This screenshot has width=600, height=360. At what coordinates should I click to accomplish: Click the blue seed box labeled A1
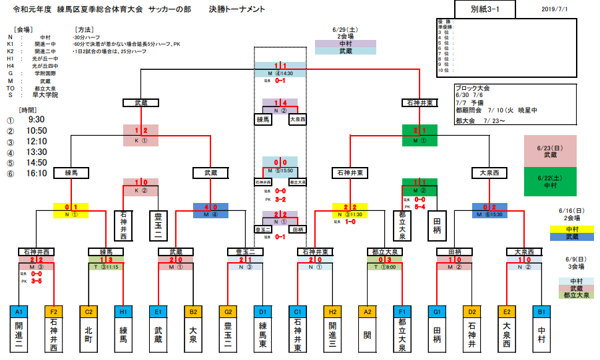click(x=19, y=311)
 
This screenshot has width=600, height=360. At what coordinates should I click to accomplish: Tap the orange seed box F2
click(x=53, y=311)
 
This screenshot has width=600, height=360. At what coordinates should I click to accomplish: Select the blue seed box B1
click(x=541, y=311)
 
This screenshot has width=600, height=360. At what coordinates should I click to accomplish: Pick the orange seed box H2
click(x=332, y=311)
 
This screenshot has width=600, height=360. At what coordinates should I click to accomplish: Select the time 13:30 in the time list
click(x=36, y=152)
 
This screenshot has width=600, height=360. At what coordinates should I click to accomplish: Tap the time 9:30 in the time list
click(x=36, y=120)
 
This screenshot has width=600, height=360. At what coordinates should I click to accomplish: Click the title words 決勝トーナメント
click(x=236, y=9)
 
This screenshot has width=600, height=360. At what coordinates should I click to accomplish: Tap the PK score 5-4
click(x=420, y=206)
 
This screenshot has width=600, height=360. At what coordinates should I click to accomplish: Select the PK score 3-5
click(x=37, y=281)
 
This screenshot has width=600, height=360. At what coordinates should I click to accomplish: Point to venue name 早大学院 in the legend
click(x=45, y=95)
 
